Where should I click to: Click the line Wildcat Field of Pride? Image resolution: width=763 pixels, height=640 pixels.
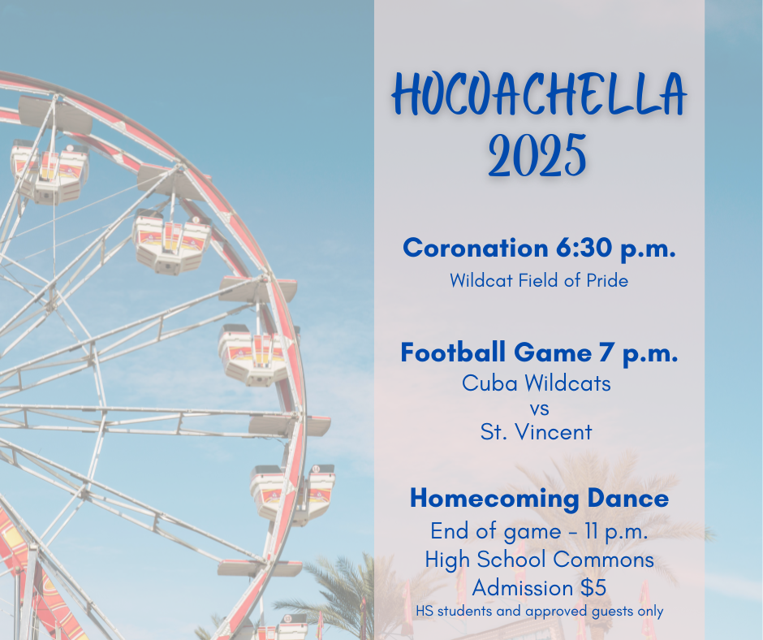539,281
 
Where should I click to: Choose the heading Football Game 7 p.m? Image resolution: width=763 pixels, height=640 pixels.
539,352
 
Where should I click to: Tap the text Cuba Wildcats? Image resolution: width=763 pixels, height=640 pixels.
537,383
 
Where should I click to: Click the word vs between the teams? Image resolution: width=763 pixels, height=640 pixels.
537,408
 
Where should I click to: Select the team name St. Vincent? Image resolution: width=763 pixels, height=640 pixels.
537,432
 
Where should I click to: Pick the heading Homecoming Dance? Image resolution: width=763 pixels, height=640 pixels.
539,498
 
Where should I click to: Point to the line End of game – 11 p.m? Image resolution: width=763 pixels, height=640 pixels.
539,532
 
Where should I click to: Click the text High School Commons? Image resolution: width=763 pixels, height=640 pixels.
539,559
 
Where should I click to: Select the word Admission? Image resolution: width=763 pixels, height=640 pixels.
522,586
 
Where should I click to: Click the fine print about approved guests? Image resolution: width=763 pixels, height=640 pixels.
539,611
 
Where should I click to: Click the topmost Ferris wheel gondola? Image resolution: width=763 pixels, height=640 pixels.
49,168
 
